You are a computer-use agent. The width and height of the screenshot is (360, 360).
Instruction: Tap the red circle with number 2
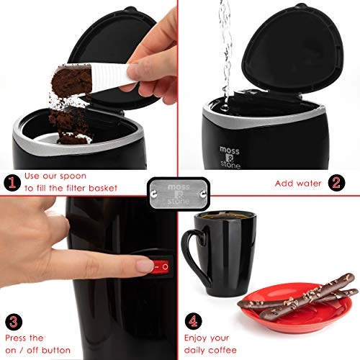[336, 182]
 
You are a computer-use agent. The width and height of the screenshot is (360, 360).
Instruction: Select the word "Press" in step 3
[15, 337]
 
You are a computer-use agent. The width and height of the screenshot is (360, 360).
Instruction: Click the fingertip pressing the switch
[143, 266]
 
